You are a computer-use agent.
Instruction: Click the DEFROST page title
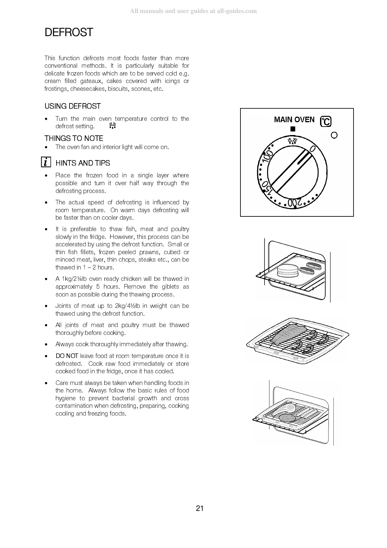(69, 33)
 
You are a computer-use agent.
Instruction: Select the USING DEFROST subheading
(72, 106)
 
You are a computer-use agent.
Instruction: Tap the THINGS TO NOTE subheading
(74, 138)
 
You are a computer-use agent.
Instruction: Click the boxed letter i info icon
(46, 162)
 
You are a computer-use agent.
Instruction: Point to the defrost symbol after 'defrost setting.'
(113, 126)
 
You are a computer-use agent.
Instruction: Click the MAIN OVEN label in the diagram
(294, 120)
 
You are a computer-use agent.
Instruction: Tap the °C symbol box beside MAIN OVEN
(326, 121)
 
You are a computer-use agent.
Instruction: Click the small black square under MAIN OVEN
(293, 129)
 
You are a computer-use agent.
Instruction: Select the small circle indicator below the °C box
(334, 135)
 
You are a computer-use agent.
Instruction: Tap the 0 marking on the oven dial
(313, 149)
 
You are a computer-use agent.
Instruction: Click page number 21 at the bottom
(200, 508)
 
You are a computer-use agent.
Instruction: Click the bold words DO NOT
(67, 356)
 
